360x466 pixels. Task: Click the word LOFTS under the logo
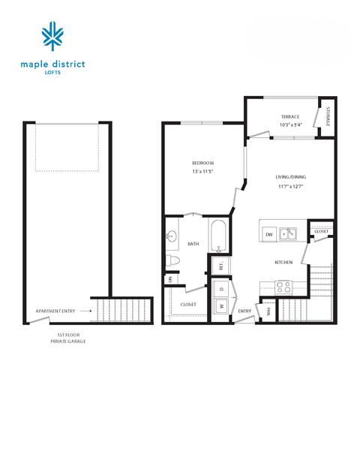[53, 73]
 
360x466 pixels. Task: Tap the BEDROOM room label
[202, 163]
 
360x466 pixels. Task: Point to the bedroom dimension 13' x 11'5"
[202, 172]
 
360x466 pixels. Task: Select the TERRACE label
[289, 116]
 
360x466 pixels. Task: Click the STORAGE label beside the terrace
[328, 119]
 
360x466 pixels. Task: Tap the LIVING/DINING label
[291, 177]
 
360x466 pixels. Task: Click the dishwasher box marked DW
[269, 235]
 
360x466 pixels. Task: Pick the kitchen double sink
[288, 234]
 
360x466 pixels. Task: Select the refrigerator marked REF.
[222, 266]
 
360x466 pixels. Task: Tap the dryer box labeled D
[222, 288]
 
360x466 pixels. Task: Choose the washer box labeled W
[222, 305]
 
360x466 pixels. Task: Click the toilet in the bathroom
[172, 260]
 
